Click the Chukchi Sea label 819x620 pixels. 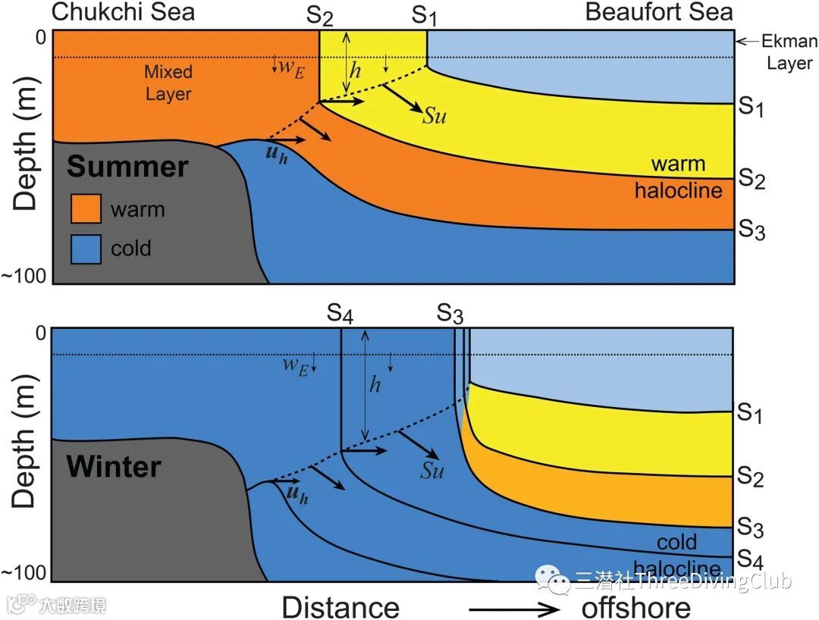point(124,11)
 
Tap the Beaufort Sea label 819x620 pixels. point(659,11)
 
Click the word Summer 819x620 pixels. point(127,167)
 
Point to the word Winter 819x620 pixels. point(114,465)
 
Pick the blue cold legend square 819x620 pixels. point(86,249)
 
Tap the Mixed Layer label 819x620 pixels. point(168,83)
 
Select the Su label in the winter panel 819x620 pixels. point(431,470)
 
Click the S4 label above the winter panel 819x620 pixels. point(340,313)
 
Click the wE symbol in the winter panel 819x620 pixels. point(295,365)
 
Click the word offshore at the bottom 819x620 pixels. point(635,606)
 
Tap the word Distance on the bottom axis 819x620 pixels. point(340,606)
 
